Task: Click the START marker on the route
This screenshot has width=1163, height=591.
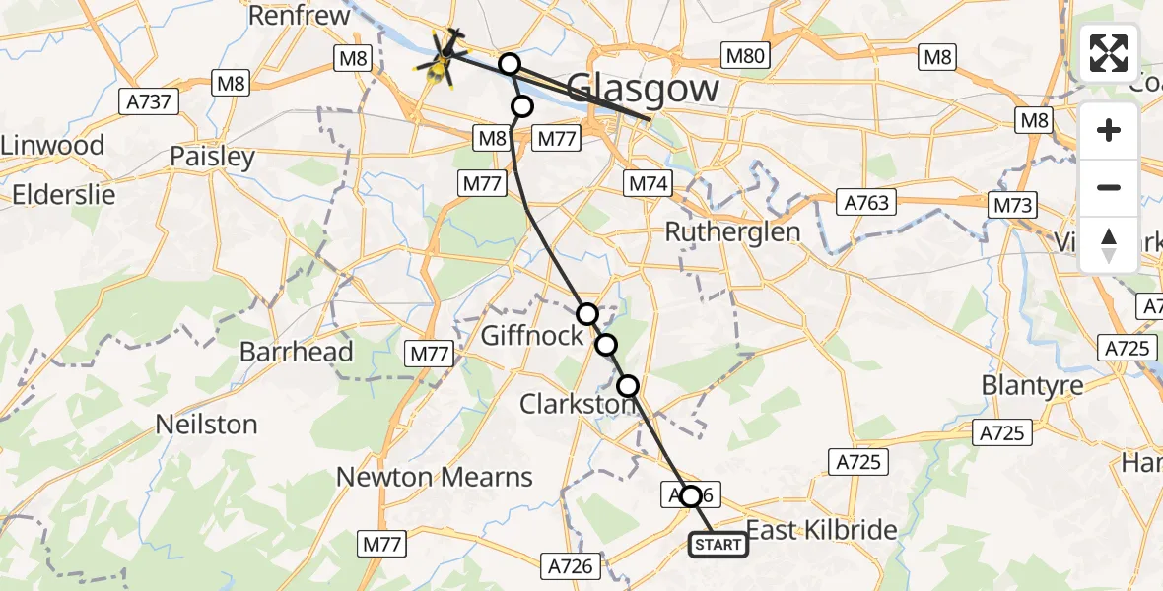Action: point(718,545)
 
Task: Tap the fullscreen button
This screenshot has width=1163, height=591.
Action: point(1109,53)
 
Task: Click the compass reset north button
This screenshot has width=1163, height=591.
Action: point(1109,245)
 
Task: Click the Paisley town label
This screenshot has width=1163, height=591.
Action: point(212,157)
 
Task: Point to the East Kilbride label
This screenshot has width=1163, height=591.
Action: point(821,530)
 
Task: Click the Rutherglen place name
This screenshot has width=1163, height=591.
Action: point(732,232)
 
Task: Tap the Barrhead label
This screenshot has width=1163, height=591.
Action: point(296,352)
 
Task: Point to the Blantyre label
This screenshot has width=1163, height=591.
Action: point(1032,385)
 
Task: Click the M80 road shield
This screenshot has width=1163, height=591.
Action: point(745,55)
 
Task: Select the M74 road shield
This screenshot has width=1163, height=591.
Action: point(649,183)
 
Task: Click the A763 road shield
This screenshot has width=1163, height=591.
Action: point(866,203)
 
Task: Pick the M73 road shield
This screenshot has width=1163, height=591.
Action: point(1013,205)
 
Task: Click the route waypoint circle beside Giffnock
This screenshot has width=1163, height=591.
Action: point(587,314)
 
